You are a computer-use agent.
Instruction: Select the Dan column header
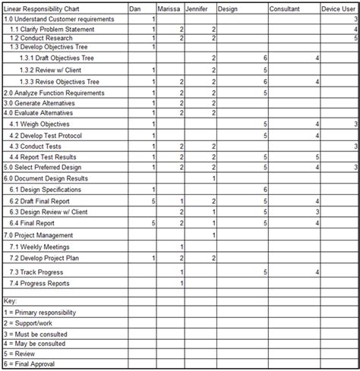pos(135,8)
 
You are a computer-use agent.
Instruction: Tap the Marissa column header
pos(169,8)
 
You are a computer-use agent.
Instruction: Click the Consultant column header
pos(284,8)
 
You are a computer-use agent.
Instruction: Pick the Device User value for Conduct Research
pos(355,37)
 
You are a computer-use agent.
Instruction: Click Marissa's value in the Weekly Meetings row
pos(182,247)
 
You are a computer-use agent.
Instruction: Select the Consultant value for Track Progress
pos(317,272)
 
